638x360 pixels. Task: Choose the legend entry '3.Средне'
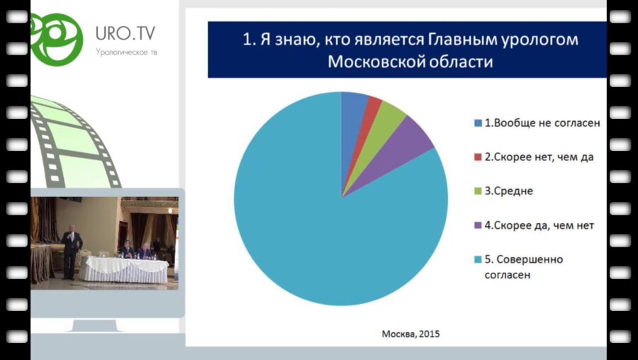click(508, 191)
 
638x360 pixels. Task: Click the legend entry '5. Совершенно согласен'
click(524, 266)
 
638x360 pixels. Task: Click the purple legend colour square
click(477, 225)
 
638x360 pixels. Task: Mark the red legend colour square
click(477, 157)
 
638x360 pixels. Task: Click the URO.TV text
click(126, 33)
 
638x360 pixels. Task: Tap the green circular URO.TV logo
click(56, 35)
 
